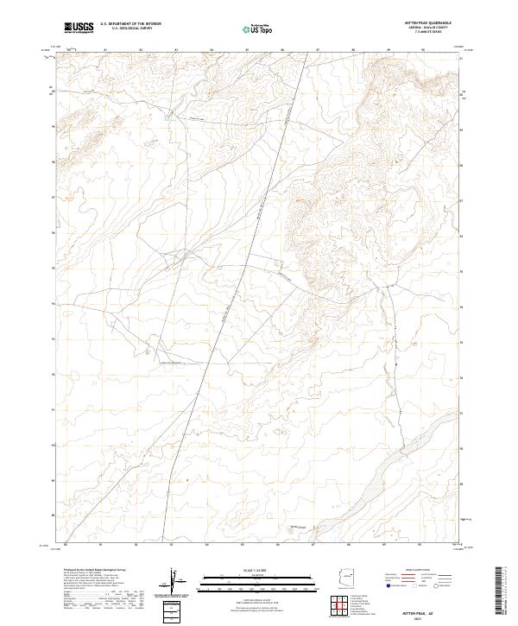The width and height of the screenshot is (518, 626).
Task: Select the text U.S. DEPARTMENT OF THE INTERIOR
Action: coord(130,24)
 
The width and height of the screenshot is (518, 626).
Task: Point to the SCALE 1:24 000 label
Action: coord(245,571)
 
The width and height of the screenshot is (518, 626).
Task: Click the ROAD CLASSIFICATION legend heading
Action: coord(416,571)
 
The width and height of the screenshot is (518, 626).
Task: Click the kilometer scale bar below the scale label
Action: coord(245,580)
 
